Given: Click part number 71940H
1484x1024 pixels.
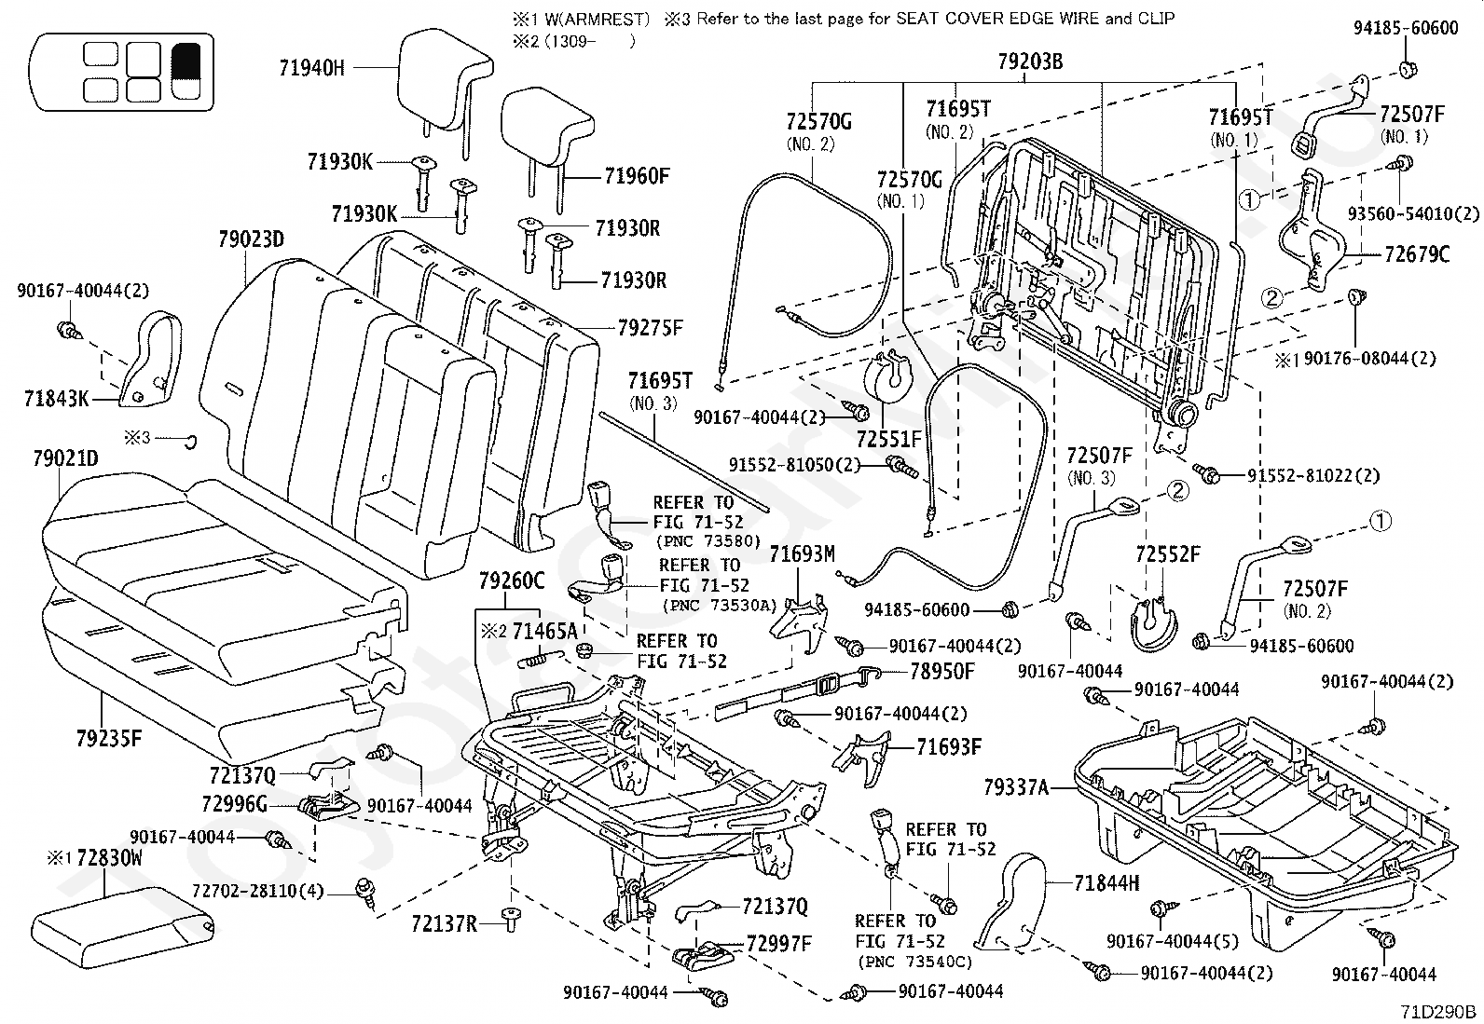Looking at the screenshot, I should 311,67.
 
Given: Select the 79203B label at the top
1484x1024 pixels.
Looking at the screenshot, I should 1030,63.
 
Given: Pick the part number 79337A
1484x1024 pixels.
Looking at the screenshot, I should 1016,789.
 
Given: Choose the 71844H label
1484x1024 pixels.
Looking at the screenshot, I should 1106,883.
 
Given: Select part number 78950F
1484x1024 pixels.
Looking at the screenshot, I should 941,671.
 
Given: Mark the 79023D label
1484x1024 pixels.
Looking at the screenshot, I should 252,240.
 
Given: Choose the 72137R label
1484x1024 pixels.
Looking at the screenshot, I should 444,923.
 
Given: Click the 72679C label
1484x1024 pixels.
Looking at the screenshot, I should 1417,253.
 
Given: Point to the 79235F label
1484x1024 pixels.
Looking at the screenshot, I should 109,739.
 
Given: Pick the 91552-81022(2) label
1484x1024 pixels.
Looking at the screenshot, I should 1313,476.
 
